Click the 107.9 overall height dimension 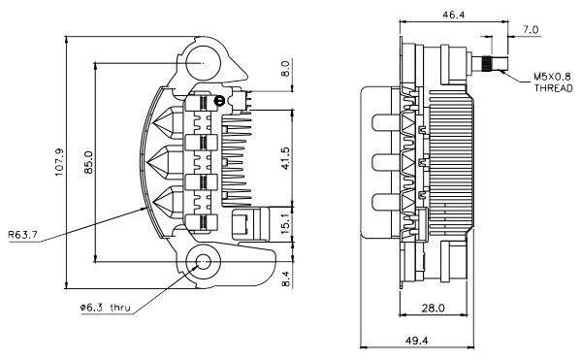click(x=59, y=162)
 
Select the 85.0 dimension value click(x=88, y=162)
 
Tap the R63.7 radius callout click(x=22, y=235)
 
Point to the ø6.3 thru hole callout click(x=106, y=308)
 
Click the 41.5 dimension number click(x=285, y=158)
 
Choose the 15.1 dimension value click(x=285, y=223)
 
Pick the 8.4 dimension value click(x=285, y=278)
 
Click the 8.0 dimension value click(x=285, y=69)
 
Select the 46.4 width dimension click(x=454, y=15)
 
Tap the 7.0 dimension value click(x=531, y=30)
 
